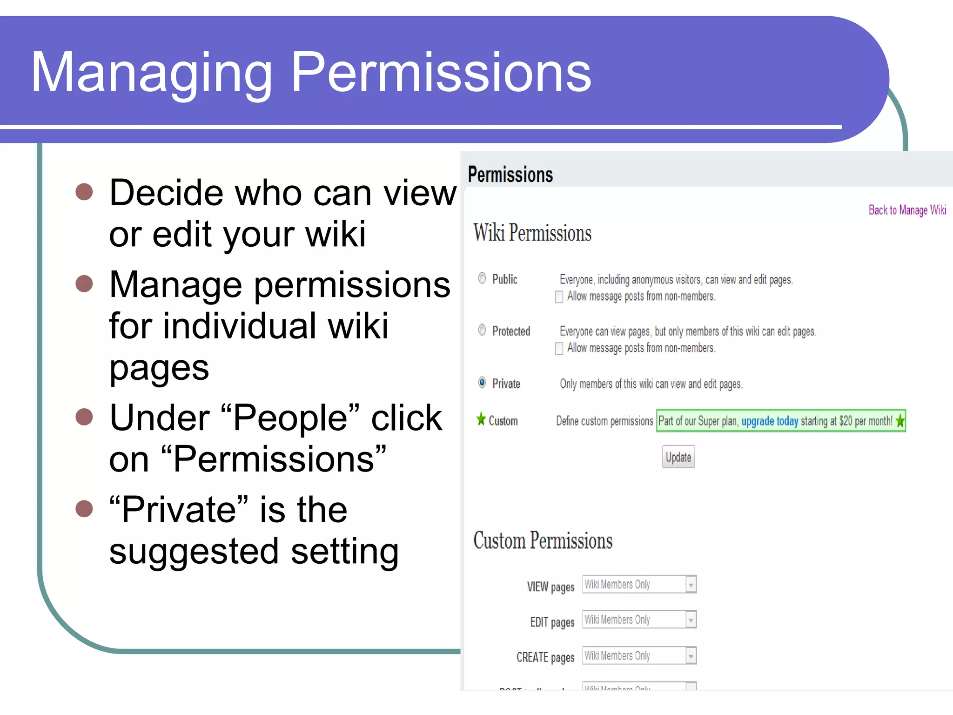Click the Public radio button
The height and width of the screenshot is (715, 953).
tap(482, 278)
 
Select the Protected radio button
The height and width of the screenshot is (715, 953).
tap(482, 330)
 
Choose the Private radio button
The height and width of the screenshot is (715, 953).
tap(482, 383)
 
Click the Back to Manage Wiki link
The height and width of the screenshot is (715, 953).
tap(907, 210)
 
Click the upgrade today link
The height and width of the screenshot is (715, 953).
tap(770, 421)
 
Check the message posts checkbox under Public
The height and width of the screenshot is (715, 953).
tap(559, 297)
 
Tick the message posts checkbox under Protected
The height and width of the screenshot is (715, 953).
tap(559, 348)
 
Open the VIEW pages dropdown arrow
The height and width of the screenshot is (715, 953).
tap(691, 585)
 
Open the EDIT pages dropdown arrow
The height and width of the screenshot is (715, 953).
tap(691, 620)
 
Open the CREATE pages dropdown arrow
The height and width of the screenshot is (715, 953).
tap(691, 656)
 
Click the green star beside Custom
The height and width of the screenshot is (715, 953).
tap(481, 419)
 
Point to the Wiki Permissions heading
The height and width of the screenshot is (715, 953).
tap(532, 233)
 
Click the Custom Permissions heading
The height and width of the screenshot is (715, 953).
tap(543, 541)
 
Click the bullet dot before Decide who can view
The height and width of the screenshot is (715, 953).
tap(84, 192)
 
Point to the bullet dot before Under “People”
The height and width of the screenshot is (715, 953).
tap(84, 417)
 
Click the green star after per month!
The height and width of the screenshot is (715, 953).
tap(900, 421)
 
